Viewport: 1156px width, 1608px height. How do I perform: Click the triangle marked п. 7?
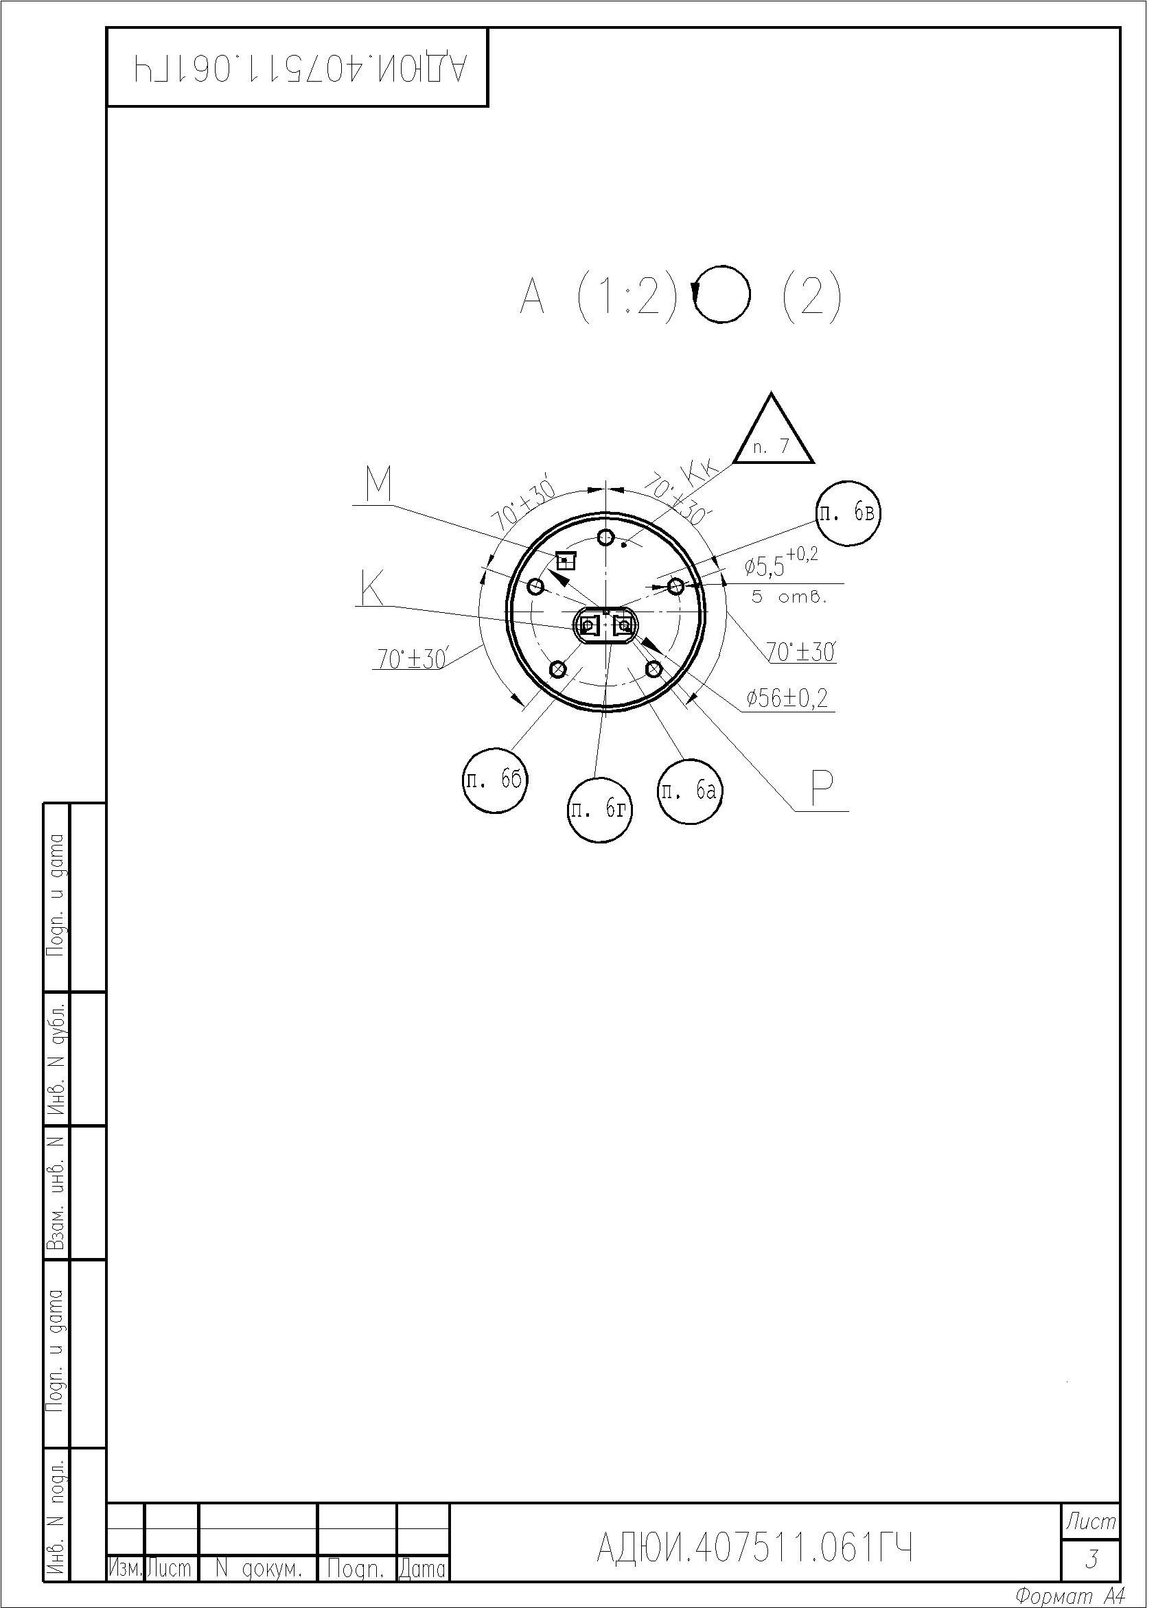772,435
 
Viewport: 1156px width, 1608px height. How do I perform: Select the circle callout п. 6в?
848,513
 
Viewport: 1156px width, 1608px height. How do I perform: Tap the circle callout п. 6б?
495,780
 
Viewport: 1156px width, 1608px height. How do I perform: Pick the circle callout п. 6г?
600,810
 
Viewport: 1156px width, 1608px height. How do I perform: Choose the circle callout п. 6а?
689,791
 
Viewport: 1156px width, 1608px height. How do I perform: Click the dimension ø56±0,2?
787,699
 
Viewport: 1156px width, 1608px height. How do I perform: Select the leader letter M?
378,486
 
